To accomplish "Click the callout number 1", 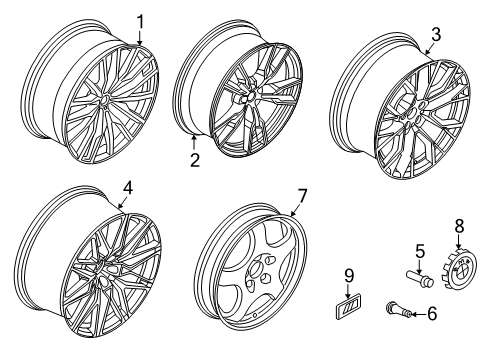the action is click(141, 22).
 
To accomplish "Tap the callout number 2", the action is click(195, 160).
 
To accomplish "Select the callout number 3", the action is click(436, 34).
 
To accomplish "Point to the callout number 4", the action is click(128, 188).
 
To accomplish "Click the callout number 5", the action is click(420, 251).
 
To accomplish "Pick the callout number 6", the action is click(432, 314).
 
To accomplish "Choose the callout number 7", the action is click(302, 196).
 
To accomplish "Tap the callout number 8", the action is click(459, 226).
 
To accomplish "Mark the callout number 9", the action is click(349, 275).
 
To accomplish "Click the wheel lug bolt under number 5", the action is click(420, 279).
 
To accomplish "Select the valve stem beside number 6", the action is click(398, 309).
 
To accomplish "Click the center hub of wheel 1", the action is click(104, 101).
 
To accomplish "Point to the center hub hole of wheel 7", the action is click(256, 269).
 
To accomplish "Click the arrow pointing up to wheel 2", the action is click(194, 143).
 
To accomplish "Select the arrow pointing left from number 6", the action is click(419, 314).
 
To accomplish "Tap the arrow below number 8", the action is click(458, 242).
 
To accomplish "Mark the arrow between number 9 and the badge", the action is click(348, 291).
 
